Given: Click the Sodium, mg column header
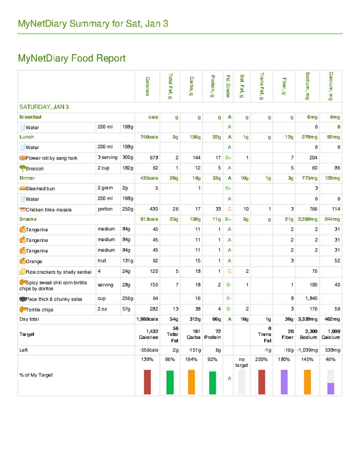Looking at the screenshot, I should pos(307,86).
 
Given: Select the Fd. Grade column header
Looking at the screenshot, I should pos(228,86).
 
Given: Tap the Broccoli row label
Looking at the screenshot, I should pos(34,169).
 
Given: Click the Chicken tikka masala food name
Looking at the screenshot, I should pos(49,210).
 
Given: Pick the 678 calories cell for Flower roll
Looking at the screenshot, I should pos(154,158).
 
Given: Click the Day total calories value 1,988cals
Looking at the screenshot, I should pos(147,319).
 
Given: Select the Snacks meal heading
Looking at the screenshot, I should pos(28,219).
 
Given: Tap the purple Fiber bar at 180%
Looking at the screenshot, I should pos(284,382).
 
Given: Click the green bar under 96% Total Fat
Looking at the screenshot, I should pos(170,382).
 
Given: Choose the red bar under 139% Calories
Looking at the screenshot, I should pos(147,382).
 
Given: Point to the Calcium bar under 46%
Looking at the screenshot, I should pos(331,388).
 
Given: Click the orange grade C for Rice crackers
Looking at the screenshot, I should pos(229,272).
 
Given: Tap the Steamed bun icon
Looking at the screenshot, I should pos(22,188).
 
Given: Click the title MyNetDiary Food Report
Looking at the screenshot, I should pos(72,58).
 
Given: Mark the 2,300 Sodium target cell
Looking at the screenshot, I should pos(308,334).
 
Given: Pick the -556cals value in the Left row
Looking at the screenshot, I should pos(149,350).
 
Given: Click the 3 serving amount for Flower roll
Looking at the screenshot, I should pos(107,158).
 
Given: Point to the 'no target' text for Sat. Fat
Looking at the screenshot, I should pos(241,362).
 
